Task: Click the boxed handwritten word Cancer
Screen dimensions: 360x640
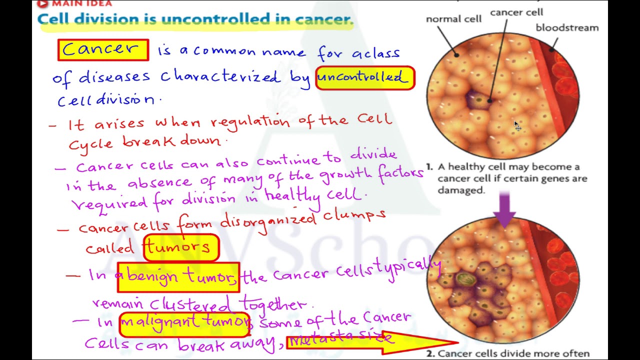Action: coord(103,50)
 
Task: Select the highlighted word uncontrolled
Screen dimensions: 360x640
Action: coord(365,78)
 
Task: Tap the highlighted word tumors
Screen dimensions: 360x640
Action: coord(181,247)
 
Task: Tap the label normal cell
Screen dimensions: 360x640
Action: coord(453,19)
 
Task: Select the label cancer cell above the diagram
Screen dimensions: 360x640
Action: coord(516,12)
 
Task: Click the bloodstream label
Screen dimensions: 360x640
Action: coord(567,27)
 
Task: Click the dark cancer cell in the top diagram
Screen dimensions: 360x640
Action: coord(477,100)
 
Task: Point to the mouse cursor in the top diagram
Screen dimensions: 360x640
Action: coord(517,126)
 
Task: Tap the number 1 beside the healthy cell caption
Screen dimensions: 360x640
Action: coord(429,166)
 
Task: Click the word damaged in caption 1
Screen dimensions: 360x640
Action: coord(461,190)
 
